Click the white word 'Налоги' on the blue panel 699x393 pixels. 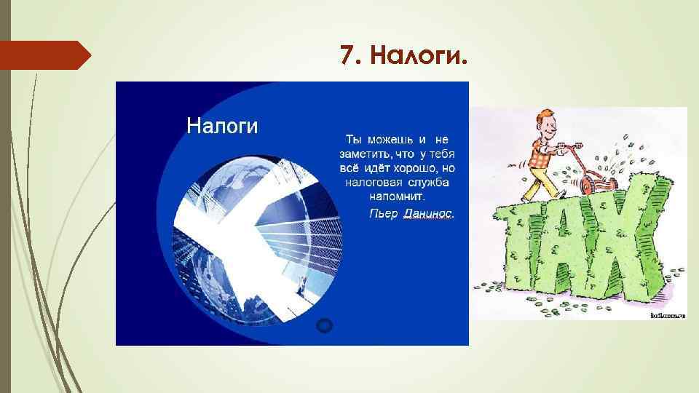(x=222, y=125)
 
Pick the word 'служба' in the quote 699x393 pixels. (x=427, y=182)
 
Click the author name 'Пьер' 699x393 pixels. (x=383, y=213)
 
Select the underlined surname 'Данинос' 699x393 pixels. (x=427, y=213)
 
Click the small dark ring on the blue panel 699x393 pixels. (x=325, y=325)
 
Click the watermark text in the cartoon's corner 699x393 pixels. (x=666, y=316)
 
